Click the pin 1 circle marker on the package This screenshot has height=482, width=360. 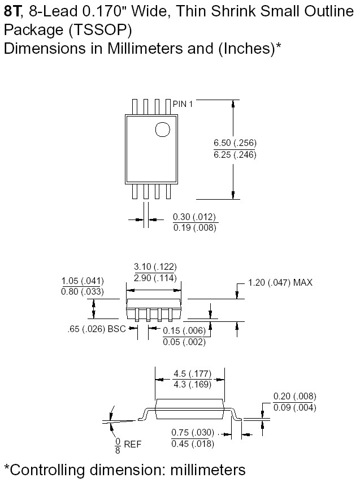tap(162, 130)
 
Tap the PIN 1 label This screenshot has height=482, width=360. tap(183, 104)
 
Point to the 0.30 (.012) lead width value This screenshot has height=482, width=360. tap(194, 217)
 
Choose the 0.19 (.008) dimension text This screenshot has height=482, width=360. tap(194, 227)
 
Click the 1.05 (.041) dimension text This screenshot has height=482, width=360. tap(82, 281)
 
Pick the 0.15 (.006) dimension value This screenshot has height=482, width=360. tap(184, 331)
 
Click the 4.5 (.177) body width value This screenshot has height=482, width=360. tap(191, 373)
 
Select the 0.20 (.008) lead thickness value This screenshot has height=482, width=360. tap(294, 397)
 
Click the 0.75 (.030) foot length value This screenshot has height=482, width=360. tap(193, 433)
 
